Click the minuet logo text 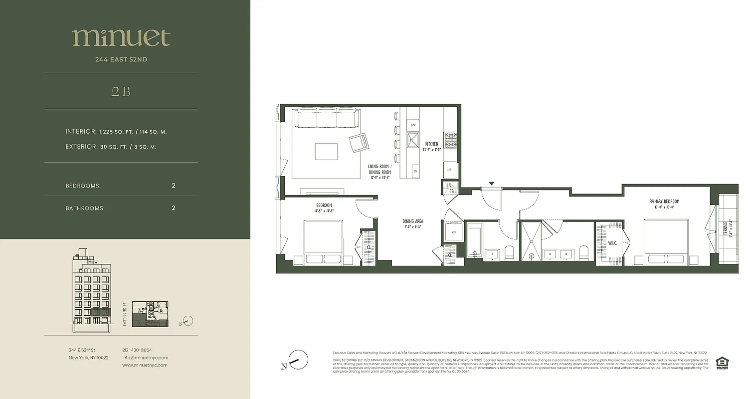coord(121,37)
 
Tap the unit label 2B coord(121,91)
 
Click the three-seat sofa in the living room coord(326,119)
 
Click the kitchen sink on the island coord(413,140)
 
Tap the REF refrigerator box coord(450,170)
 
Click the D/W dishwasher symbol coord(413,124)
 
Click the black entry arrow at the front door coord(492,184)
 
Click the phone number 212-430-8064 coord(137,350)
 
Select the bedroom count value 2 coord(174,186)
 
